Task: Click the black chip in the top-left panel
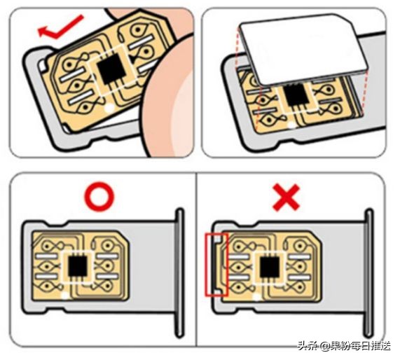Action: point(109,69)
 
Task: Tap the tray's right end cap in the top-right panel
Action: point(382,105)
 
